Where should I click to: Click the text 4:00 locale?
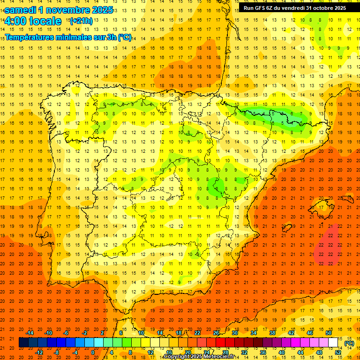click(33, 21)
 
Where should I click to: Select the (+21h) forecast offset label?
click(81, 21)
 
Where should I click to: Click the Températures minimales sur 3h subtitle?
click(68, 37)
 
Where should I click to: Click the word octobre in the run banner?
click(323, 7)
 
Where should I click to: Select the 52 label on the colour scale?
click(338, 352)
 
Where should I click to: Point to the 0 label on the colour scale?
click(93, 352)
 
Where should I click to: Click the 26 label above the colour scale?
click(216, 333)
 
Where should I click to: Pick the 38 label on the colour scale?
click(272, 333)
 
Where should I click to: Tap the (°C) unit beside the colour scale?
click(349, 343)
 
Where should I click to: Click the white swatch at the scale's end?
click(333, 343)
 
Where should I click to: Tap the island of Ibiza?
click(285, 228)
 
